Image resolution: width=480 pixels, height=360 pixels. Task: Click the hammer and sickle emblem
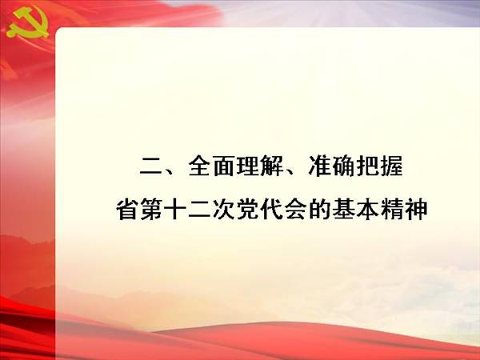tap(27, 23)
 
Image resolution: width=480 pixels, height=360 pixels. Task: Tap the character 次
tap(223, 209)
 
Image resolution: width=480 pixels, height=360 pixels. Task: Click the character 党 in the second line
tap(247, 209)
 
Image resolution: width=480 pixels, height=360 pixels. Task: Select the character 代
tap(271, 209)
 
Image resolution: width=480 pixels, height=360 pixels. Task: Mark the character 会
tap(295, 209)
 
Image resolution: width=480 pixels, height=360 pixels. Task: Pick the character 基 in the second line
tap(344, 209)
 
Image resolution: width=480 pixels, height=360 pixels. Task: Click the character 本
tap(368, 209)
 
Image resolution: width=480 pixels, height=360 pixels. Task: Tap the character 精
tap(392, 209)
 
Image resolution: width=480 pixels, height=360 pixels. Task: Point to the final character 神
tap(416, 209)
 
